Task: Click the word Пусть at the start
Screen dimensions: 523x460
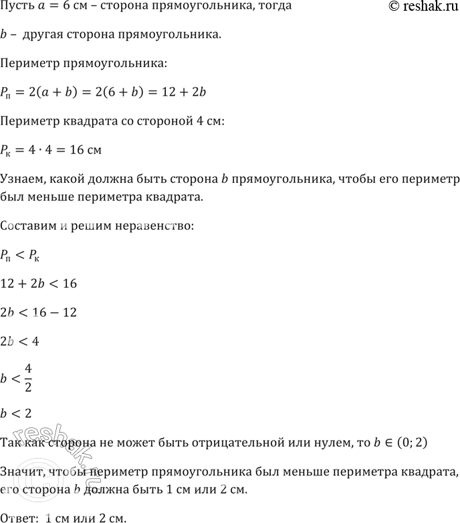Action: (17, 7)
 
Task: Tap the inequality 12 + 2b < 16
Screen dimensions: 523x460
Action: (40, 284)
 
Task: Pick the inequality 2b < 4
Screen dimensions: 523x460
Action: (20, 342)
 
